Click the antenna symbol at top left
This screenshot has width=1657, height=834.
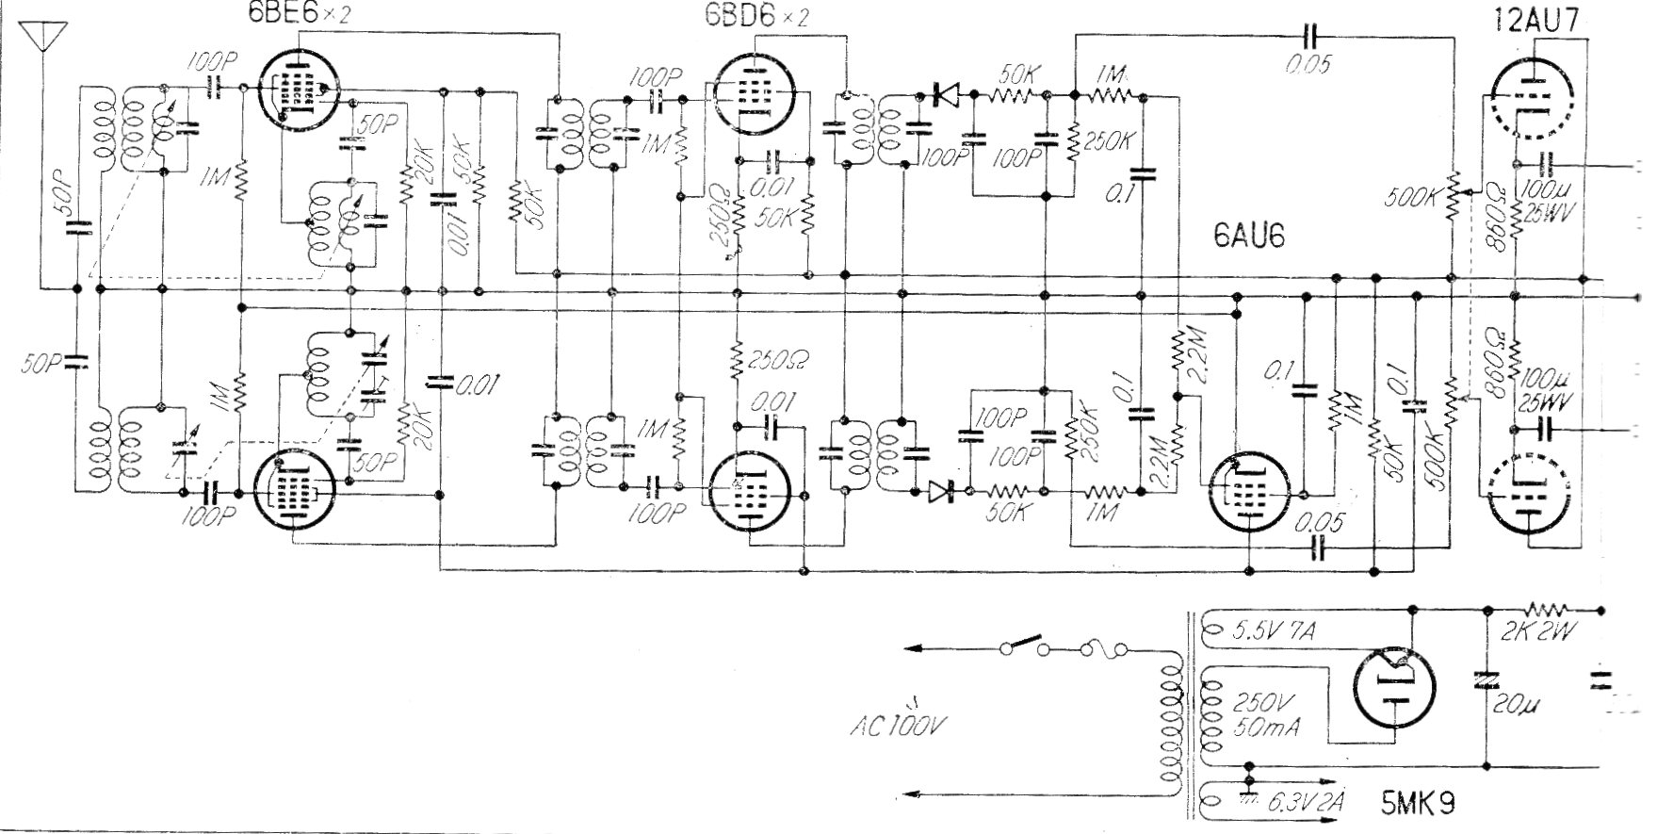[41, 36]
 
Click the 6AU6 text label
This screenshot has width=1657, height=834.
[1249, 240]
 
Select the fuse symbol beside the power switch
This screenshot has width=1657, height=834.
[1103, 647]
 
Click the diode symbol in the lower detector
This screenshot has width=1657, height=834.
[944, 491]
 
